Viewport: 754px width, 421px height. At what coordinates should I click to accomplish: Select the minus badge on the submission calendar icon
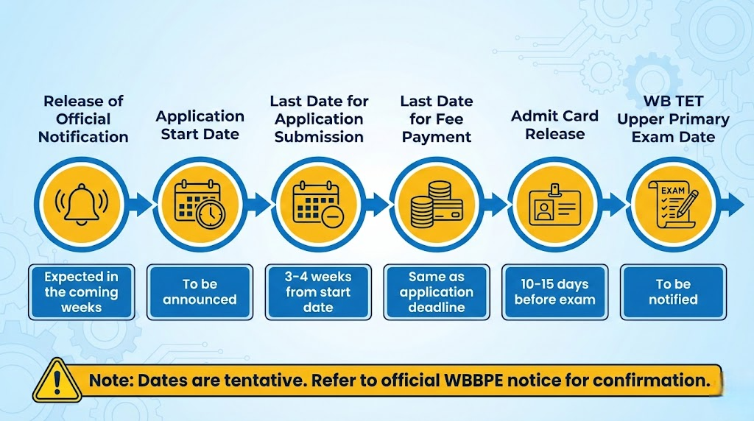[331, 216]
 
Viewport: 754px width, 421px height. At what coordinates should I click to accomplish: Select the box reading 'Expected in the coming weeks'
[81, 292]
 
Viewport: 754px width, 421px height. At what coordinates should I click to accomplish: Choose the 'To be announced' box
[200, 292]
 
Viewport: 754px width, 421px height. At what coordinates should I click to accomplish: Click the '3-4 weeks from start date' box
[318, 292]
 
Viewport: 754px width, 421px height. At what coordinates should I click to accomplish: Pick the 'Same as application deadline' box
[437, 292]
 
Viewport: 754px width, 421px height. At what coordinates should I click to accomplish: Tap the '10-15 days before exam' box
[554, 292]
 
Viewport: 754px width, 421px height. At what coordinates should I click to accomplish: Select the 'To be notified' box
[673, 292]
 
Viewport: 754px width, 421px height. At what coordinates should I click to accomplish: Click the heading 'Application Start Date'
[200, 124]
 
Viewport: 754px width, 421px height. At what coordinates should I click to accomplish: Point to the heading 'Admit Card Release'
[554, 124]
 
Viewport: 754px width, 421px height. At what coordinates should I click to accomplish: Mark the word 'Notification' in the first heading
[83, 137]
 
